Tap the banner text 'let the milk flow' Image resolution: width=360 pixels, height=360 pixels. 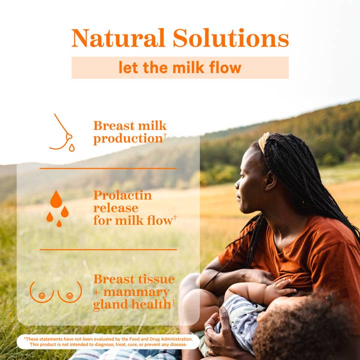click(179, 67)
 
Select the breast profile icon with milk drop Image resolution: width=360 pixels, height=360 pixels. click(62, 133)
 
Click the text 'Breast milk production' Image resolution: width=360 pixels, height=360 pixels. click(129, 132)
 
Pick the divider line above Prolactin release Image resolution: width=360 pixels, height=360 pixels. click(108, 168)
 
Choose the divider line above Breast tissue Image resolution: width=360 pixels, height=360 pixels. click(108, 249)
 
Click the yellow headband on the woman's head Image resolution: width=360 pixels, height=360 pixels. click(263, 142)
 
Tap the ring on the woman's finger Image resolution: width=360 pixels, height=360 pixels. click(208, 328)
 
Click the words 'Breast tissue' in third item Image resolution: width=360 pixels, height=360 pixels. click(133, 279)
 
